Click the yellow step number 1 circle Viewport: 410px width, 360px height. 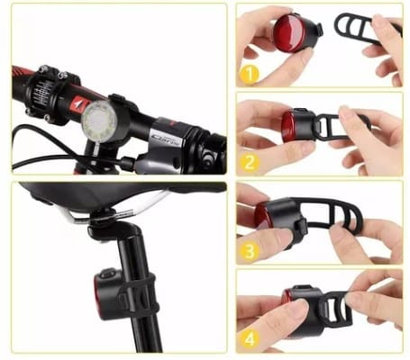[x=250, y=74]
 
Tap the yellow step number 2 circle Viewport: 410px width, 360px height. [x=250, y=164]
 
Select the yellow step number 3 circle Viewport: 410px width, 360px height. [x=251, y=252]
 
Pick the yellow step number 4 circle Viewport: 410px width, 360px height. [x=250, y=339]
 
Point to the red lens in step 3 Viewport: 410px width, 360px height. [x=262, y=213]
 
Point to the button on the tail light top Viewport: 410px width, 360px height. [x=107, y=273]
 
